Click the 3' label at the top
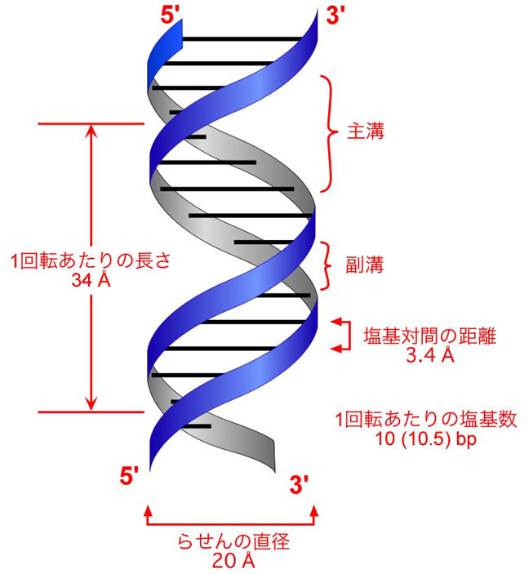point(336,16)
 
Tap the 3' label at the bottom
point(299,484)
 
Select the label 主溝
point(366,131)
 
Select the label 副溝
point(365,265)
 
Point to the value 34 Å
point(91,279)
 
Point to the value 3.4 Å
point(430,354)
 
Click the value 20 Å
point(233,560)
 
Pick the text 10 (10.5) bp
point(426,438)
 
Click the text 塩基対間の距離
point(429,336)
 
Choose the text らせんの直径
point(233,541)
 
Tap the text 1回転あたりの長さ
point(91,261)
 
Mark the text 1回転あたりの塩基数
point(426,420)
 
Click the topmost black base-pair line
point(242,38)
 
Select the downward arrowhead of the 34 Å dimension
point(91,405)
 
